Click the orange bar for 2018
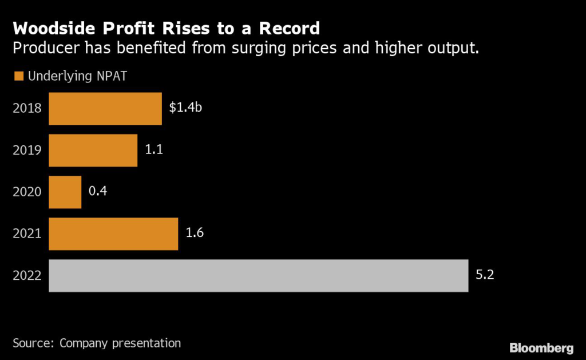click(x=105, y=109)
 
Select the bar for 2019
click(x=93, y=151)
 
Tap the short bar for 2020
click(x=65, y=192)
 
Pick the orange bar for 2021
click(x=113, y=234)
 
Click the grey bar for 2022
click(x=258, y=275)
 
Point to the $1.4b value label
click(x=185, y=106)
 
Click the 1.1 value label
click(x=153, y=149)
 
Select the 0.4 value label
click(x=98, y=191)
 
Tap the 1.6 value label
click(x=195, y=232)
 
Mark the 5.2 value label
click(x=484, y=274)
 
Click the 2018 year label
click(x=27, y=109)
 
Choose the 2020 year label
click(x=27, y=192)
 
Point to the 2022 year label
click(x=27, y=276)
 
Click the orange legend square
click(x=18, y=76)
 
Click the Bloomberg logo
click(x=541, y=347)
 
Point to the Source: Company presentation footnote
click(x=97, y=343)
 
